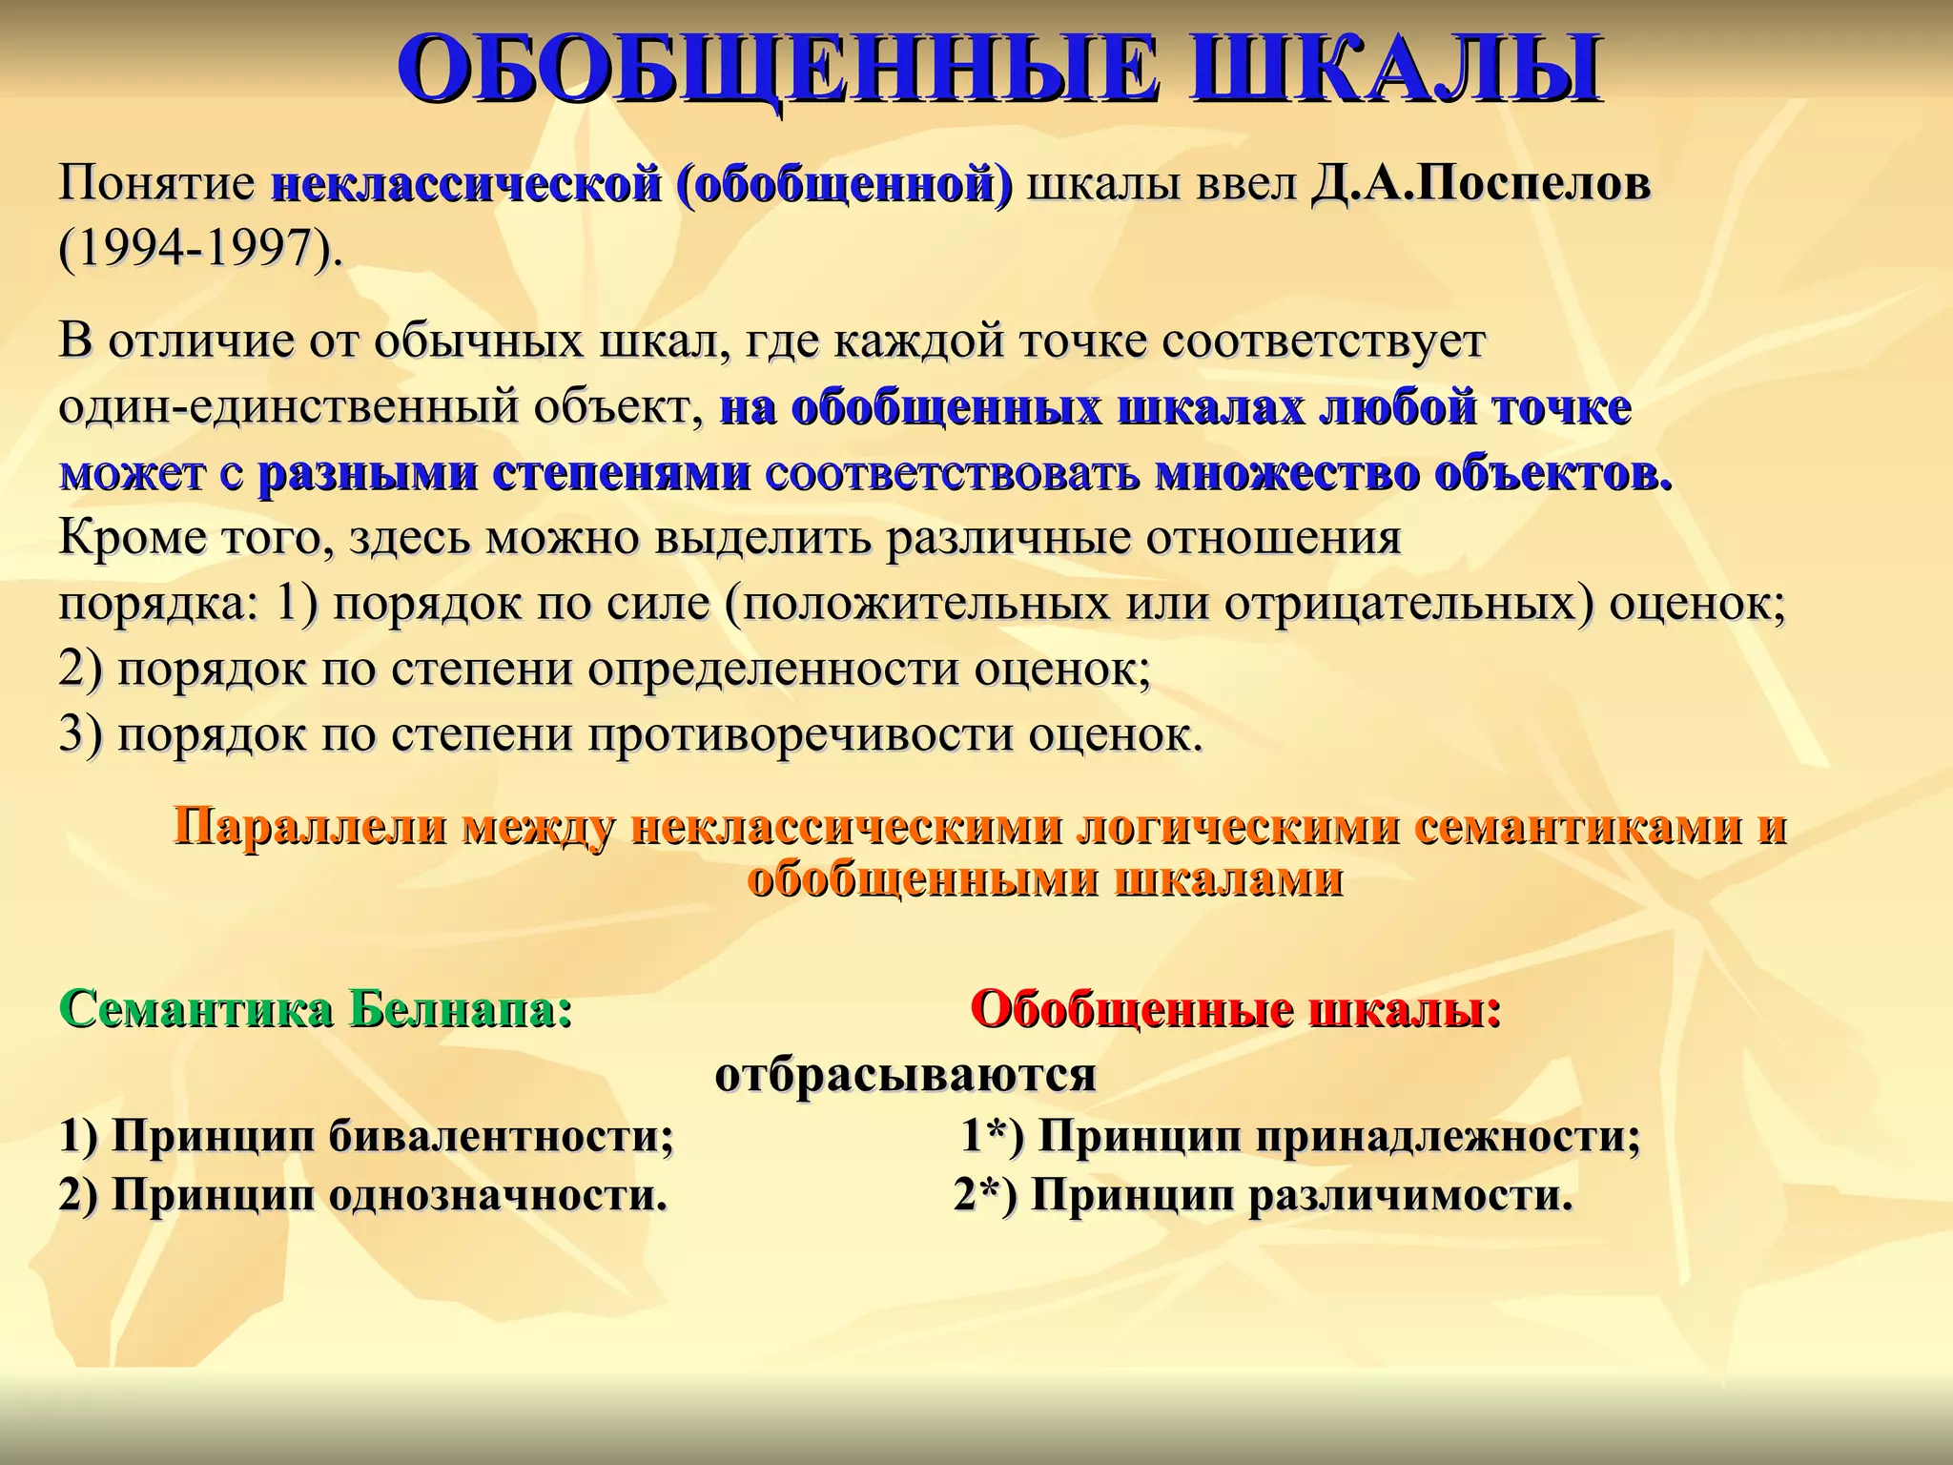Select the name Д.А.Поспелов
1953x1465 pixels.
(1480, 184)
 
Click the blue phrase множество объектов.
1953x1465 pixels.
(1413, 474)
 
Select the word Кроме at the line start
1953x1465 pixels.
(131, 539)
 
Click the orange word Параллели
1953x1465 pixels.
(309, 826)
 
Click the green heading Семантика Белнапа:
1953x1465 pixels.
(316, 1009)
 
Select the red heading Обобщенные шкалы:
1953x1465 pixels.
(1236, 1009)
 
